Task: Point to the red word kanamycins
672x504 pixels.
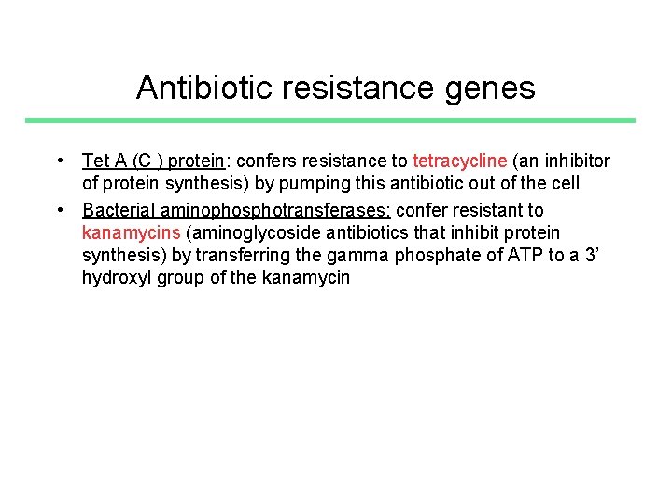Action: (x=126, y=232)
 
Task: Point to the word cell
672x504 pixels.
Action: (x=563, y=183)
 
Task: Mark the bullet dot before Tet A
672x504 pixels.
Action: (x=59, y=161)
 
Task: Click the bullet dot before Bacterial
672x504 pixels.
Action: (x=59, y=210)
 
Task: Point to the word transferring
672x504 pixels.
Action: (x=245, y=255)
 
